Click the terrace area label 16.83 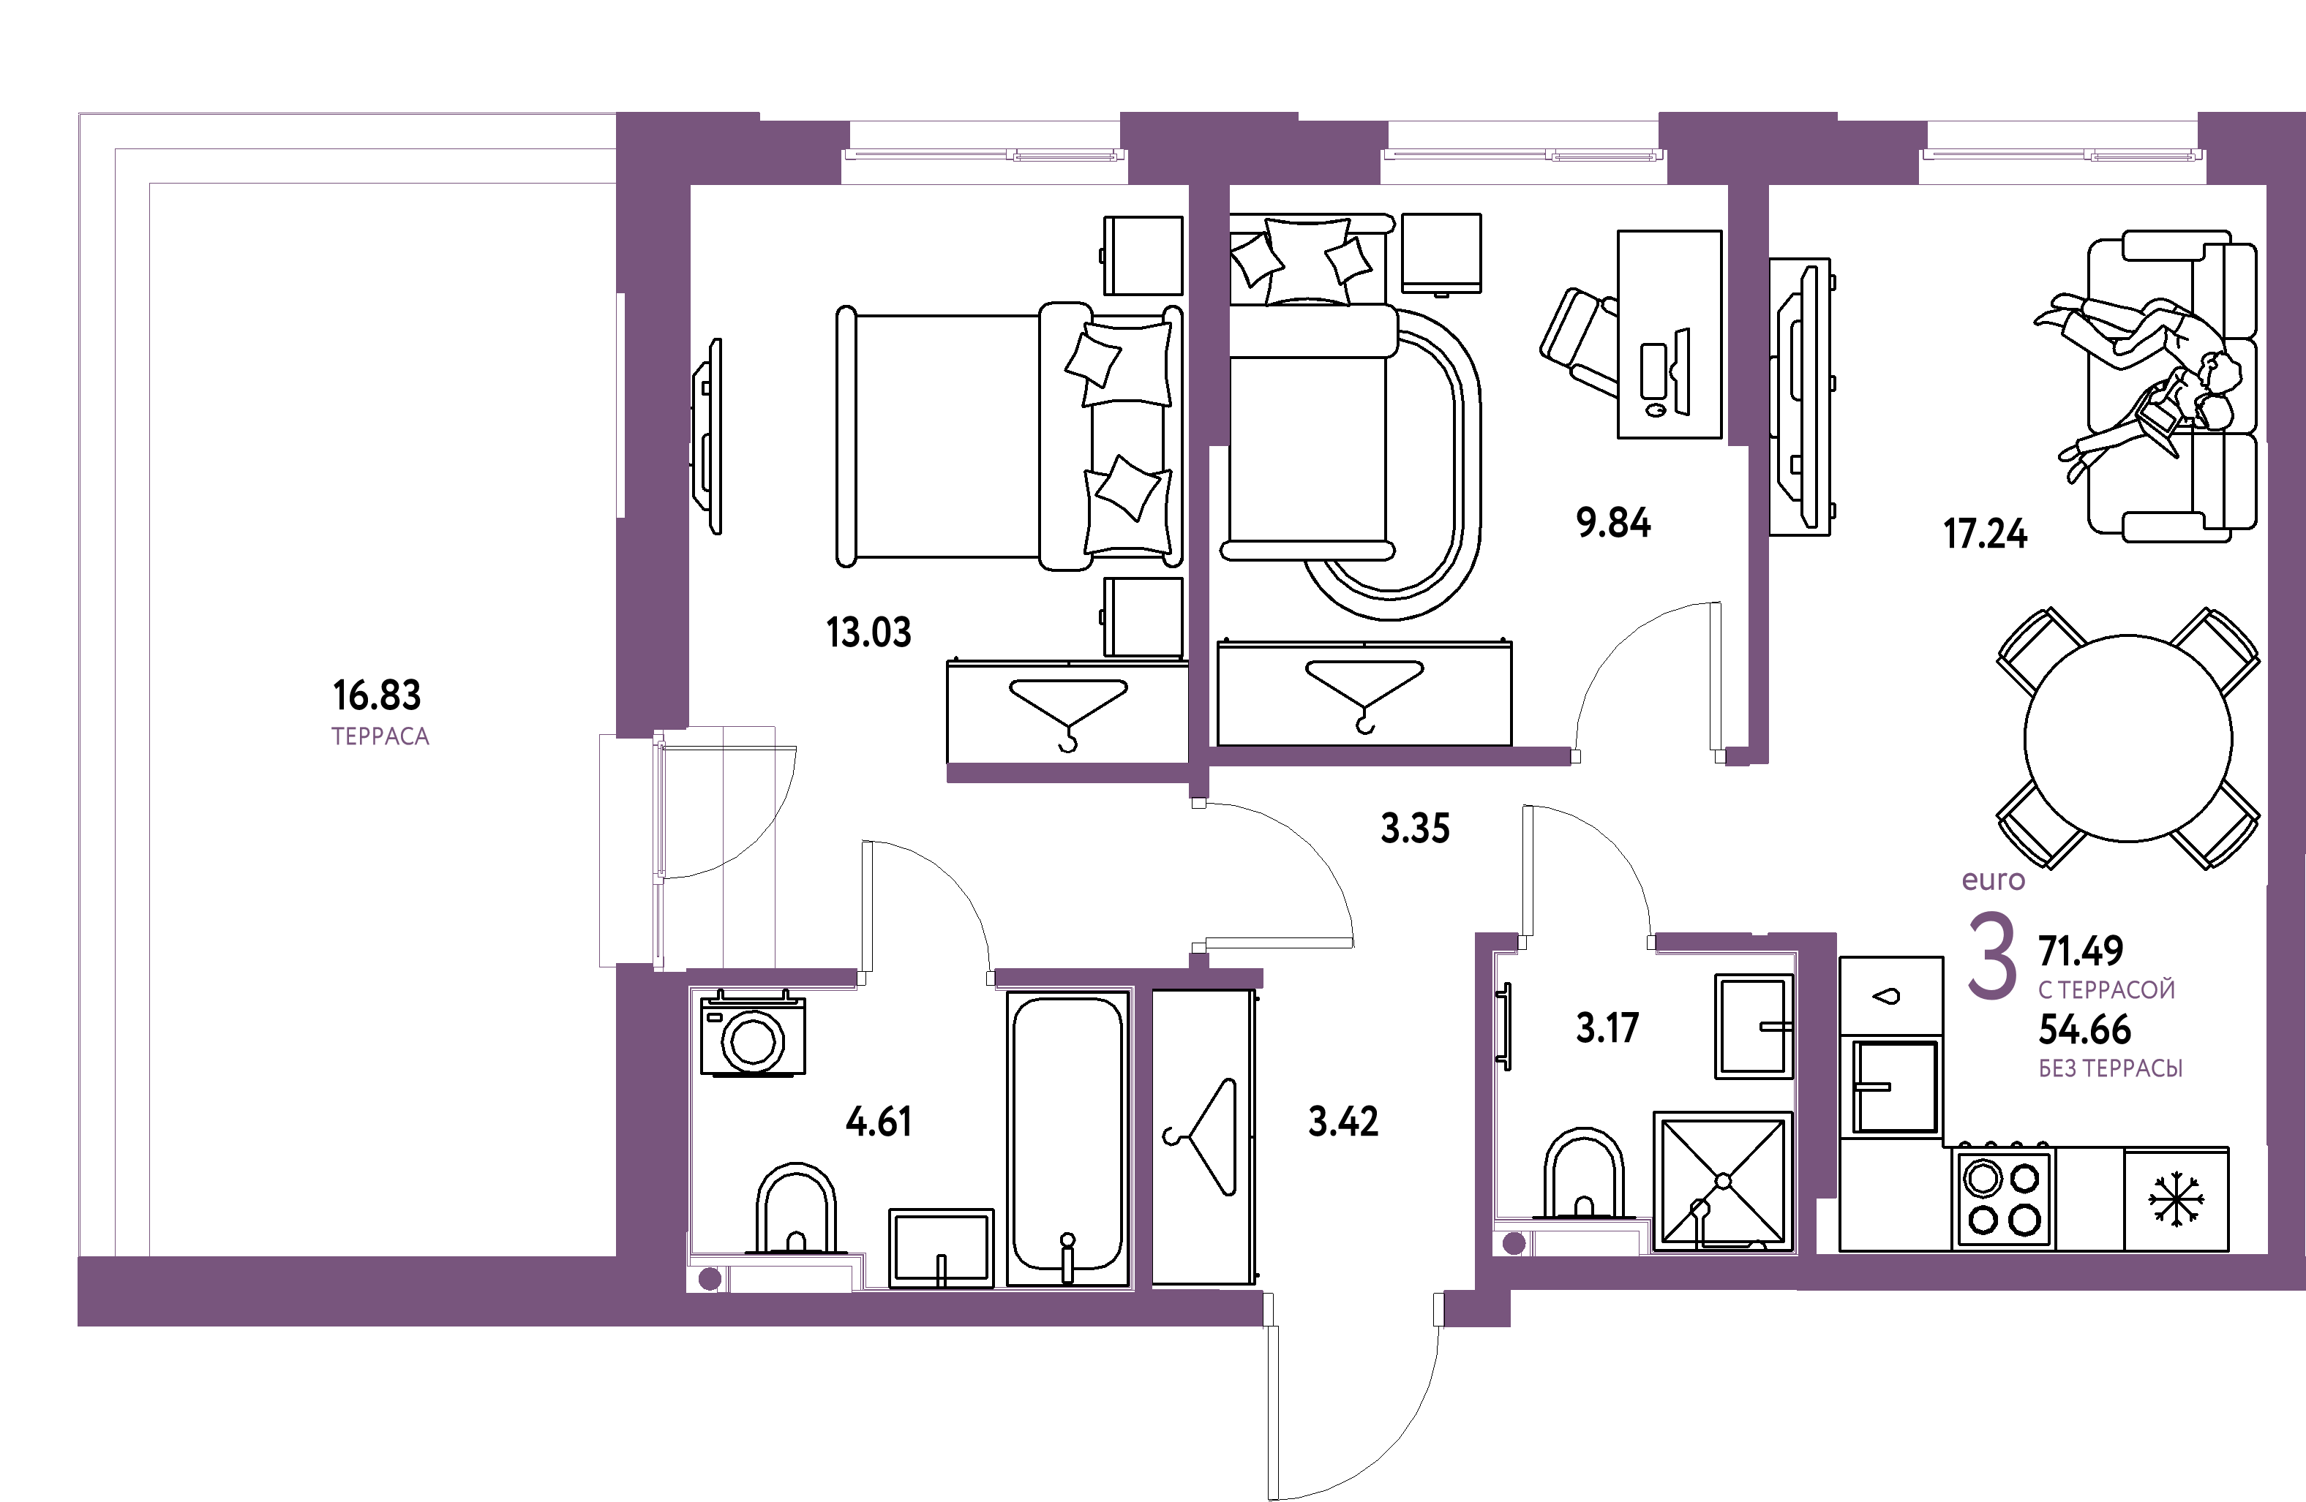coord(377,695)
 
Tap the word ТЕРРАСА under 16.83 coord(380,737)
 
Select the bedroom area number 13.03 coord(868,633)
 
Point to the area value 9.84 coord(1613,523)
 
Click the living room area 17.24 coord(1986,534)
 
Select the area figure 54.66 coord(2085,1030)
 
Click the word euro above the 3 coord(1993,880)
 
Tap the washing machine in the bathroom coord(753,1034)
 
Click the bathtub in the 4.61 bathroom coord(1067,1138)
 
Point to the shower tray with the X coord(1723,1182)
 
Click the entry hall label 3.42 coord(1343,1122)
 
